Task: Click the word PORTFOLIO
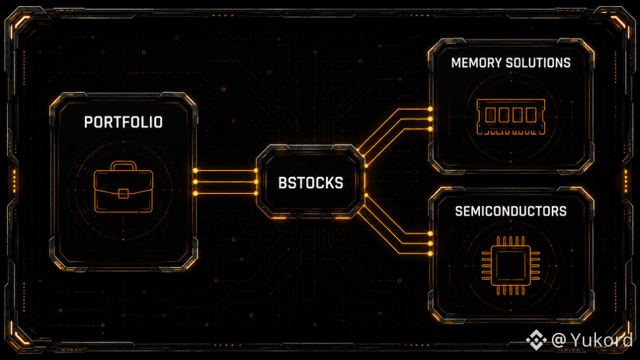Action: [123, 122]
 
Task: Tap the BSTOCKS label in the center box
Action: [311, 183]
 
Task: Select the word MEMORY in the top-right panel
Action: [476, 63]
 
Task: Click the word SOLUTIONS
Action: [538, 63]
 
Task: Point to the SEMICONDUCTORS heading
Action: [511, 211]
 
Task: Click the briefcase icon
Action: [123, 187]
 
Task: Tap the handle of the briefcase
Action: [123, 166]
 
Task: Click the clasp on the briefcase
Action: [123, 193]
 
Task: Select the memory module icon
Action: [511, 117]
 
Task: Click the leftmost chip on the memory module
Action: [490, 115]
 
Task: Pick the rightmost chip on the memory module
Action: [531, 115]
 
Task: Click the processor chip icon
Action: [511, 265]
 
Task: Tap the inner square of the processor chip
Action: [511, 265]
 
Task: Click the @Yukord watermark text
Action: [592, 340]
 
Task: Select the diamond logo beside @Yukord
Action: [536, 340]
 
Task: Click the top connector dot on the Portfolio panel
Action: [196, 171]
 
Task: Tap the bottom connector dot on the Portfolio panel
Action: [196, 193]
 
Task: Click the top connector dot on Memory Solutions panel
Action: [431, 110]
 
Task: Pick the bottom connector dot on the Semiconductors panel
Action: [431, 253]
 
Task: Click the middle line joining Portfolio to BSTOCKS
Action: [226, 182]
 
